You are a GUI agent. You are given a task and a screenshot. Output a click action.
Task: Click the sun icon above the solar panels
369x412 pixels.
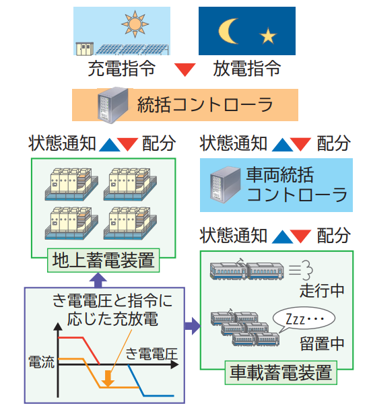pos(135,24)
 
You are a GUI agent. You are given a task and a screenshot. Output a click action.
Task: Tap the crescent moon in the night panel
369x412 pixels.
pos(228,31)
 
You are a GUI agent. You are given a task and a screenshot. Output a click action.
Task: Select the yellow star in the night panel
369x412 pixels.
pos(267,36)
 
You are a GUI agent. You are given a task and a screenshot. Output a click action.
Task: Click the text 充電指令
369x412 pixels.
pos(122,68)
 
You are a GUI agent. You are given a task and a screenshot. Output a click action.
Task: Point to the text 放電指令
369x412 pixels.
pos(247,68)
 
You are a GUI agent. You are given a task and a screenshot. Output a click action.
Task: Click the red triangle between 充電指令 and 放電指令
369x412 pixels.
pos(185,69)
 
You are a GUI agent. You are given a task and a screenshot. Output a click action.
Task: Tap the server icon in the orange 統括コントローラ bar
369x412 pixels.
pos(112,105)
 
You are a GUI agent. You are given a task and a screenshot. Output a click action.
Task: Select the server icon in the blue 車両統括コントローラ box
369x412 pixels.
pos(225,185)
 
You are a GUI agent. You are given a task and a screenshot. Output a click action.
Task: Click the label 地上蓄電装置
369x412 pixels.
pos(103,260)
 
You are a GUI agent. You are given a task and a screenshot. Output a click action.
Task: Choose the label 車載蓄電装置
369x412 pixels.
pos(281,372)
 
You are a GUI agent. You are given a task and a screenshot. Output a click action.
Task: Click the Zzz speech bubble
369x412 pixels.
pos(304,319)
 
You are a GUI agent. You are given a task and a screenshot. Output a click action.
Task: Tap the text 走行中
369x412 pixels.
pos(322,290)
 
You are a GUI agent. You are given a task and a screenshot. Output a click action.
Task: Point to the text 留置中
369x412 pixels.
pos(322,343)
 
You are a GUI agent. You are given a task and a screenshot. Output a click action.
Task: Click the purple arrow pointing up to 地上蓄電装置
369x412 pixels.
pos(98,280)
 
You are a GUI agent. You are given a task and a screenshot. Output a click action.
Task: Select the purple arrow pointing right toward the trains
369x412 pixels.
pos(193,326)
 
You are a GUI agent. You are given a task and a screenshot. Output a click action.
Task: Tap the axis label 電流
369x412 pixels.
pos(41,362)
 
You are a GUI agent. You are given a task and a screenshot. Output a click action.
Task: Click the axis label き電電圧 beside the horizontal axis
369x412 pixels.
pos(152,353)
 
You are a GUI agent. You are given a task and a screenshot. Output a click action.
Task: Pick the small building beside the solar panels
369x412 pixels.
pos(84,48)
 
